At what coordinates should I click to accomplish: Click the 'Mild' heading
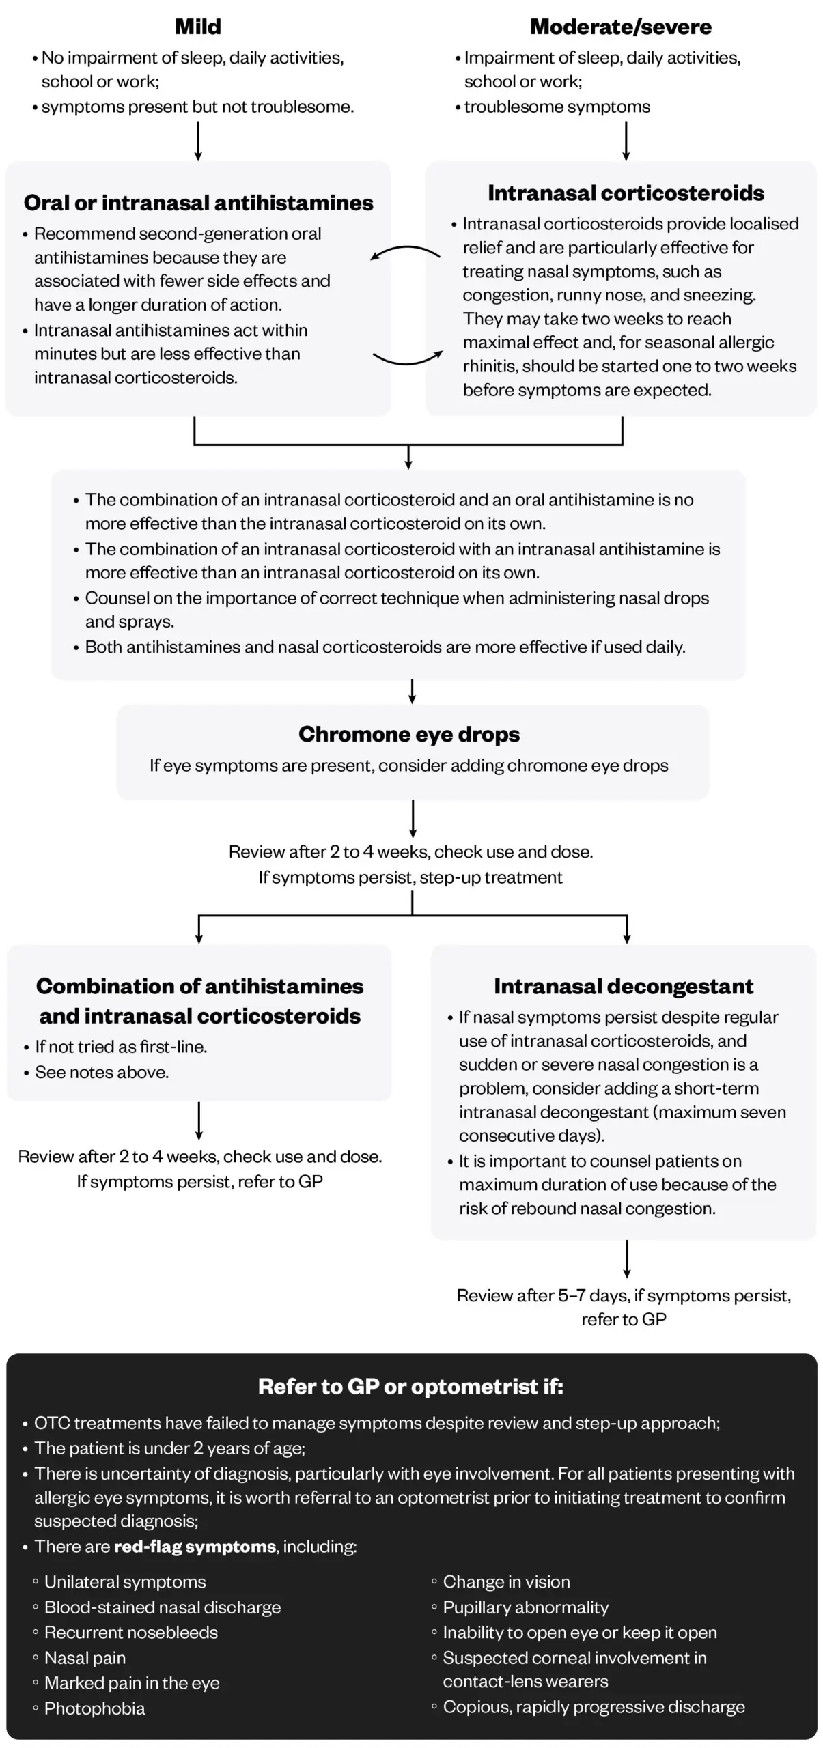(198, 27)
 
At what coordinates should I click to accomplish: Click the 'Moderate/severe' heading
(620, 27)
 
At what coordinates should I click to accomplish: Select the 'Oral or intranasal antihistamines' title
(198, 203)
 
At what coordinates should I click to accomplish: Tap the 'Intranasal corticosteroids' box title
(625, 193)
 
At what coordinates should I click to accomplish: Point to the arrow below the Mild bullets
(198, 141)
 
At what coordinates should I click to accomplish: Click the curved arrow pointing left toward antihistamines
(406, 251)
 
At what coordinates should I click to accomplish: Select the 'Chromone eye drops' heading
(408, 734)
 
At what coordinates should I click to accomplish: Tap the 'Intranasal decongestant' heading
(623, 986)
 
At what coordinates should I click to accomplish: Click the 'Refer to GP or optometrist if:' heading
(410, 1386)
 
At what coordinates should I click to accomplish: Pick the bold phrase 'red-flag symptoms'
(195, 1546)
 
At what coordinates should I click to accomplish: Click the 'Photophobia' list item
(94, 1708)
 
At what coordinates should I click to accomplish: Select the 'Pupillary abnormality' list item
(525, 1607)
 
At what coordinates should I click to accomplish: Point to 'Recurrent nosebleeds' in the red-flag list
(130, 1632)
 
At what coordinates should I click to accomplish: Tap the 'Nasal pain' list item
(85, 1657)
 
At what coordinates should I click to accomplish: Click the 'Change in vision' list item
(506, 1581)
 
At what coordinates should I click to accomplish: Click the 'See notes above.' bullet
(102, 1072)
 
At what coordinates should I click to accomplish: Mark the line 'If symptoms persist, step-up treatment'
(410, 877)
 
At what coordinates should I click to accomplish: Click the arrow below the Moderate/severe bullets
(626, 141)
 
